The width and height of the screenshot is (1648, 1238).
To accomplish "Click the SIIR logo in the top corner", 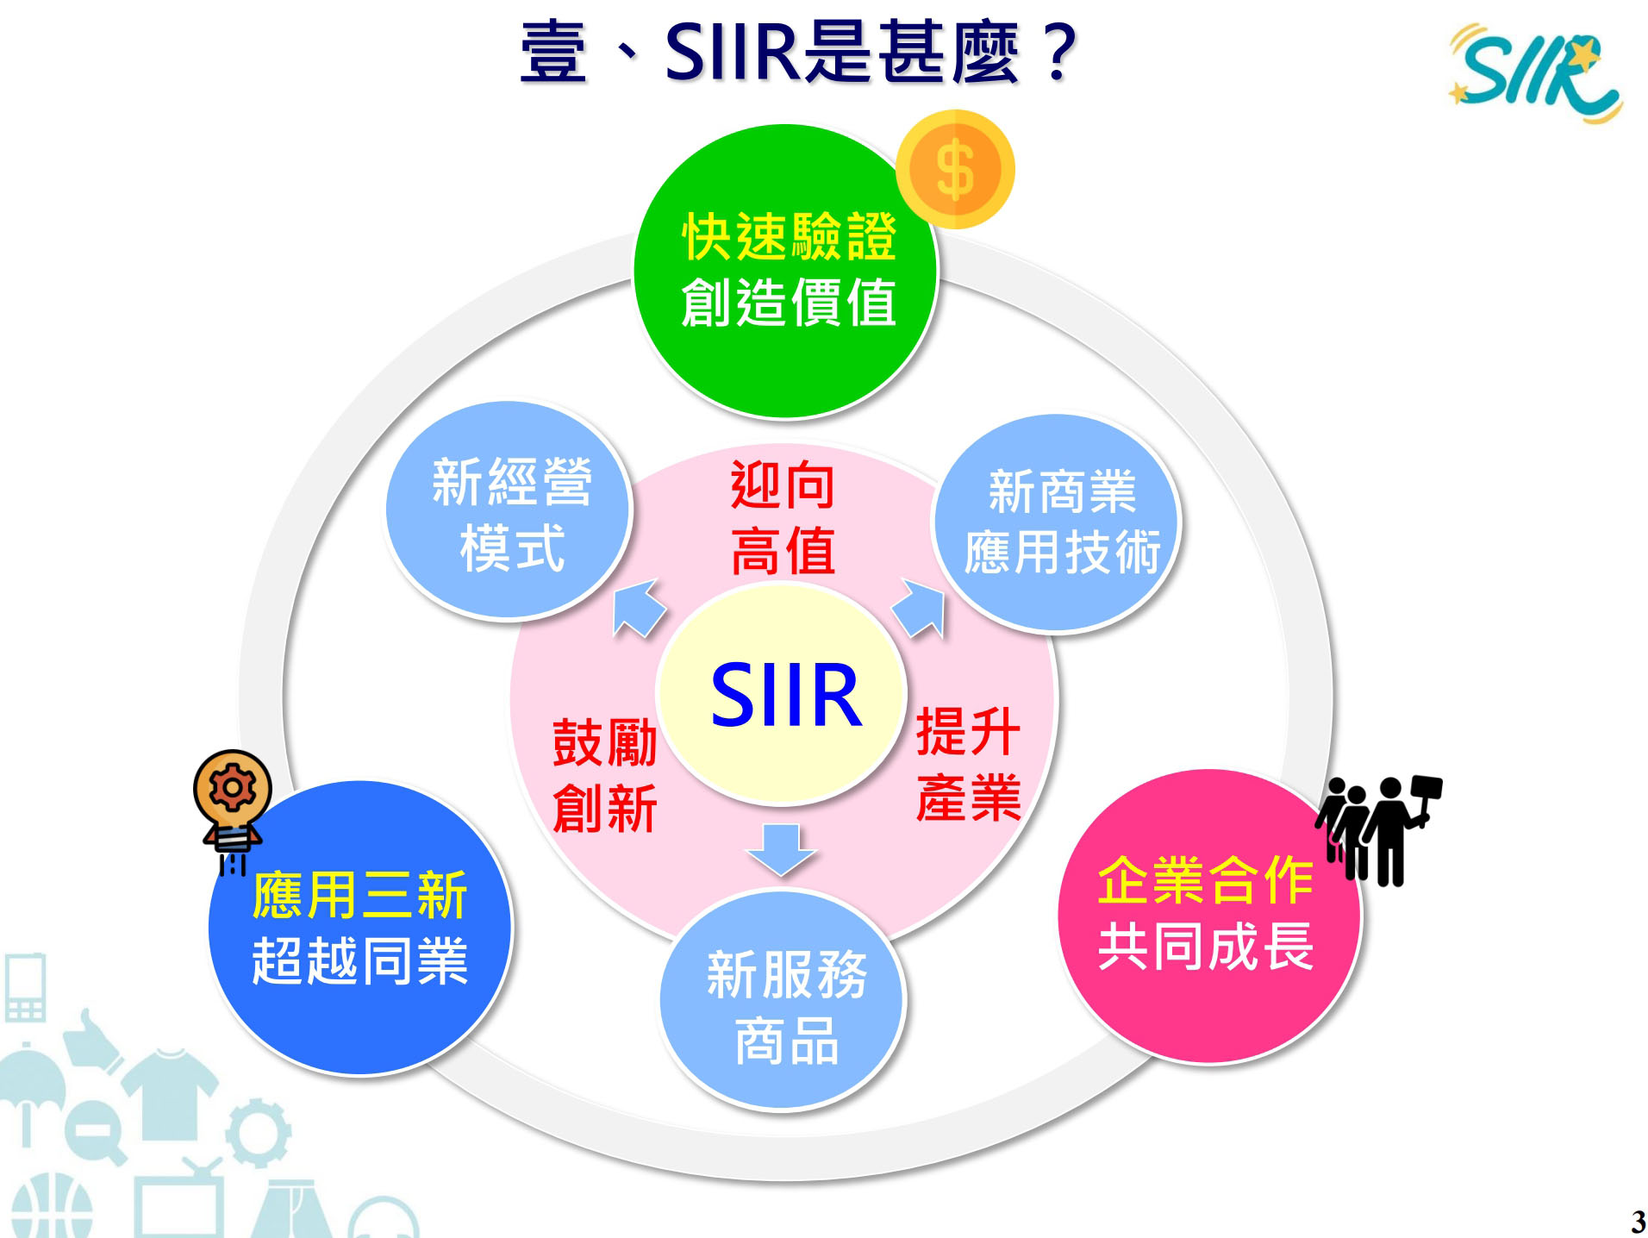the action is click(x=1535, y=74).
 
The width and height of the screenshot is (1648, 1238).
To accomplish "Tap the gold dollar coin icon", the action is click(x=955, y=169).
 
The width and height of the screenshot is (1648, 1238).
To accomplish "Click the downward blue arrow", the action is click(x=781, y=850).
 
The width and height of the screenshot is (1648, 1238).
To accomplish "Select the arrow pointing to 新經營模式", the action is click(x=638, y=608).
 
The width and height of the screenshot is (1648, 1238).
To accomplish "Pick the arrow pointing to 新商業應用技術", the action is click(x=919, y=609).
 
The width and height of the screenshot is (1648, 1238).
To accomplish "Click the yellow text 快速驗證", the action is click(x=789, y=236).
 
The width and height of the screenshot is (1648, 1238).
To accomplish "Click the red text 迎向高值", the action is click(x=783, y=517).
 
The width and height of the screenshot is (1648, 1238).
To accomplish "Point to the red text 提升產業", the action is click(x=969, y=764).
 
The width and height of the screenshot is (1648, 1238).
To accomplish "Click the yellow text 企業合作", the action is click(x=1206, y=880).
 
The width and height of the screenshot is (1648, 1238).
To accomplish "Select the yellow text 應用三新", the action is click(x=359, y=895).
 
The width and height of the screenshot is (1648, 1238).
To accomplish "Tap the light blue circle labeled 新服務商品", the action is click(x=782, y=1000).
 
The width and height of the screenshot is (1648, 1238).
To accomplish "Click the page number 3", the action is click(x=1638, y=1222).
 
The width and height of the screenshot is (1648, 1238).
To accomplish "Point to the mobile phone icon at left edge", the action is click(x=25, y=987).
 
